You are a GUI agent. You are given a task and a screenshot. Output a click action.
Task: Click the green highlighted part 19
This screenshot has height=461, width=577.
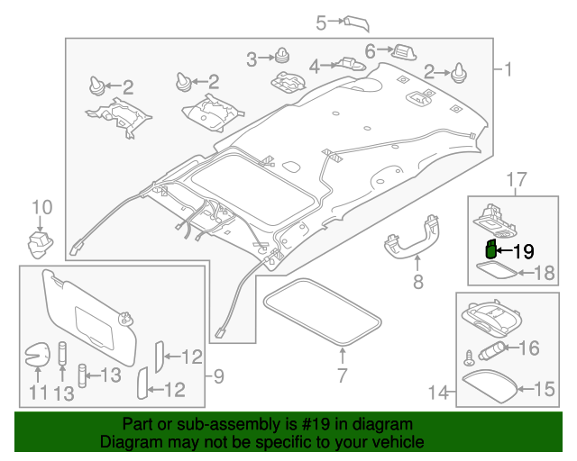click(490, 249)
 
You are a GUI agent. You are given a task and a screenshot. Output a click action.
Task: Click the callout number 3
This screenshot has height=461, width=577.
click(253, 59)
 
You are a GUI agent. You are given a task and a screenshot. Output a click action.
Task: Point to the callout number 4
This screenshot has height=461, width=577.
click(315, 66)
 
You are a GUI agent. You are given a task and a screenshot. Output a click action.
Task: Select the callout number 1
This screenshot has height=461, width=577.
click(507, 69)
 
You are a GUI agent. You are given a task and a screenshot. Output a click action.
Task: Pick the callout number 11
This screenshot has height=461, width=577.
click(36, 393)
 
